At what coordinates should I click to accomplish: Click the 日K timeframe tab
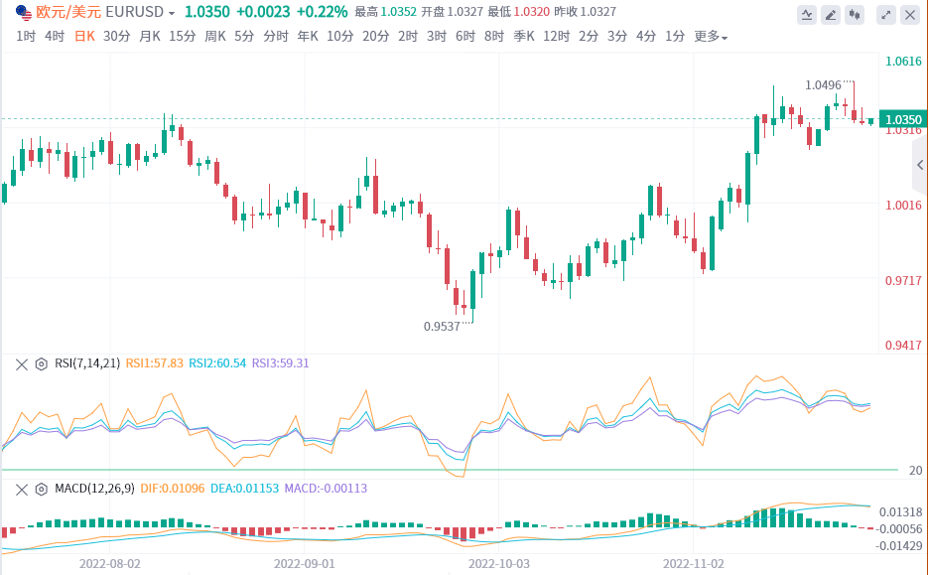pyautogui.click(x=85, y=36)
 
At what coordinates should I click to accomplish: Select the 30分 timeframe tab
pyautogui.click(x=116, y=36)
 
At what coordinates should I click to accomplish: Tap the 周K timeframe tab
pyautogui.click(x=215, y=36)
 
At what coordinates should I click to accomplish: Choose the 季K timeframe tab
pyautogui.click(x=524, y=36)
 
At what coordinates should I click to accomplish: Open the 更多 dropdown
pyautogui.click(x=710, y=37)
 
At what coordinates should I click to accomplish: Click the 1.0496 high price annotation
pyautogui.click(x=824, y=85)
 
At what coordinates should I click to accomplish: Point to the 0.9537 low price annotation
pyautogui.click(x=442, y=326)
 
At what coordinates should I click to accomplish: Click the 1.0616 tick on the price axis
pyautogui.click(x=903, y=62)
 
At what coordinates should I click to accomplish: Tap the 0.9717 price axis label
pyautogui.click(x=903, y=281)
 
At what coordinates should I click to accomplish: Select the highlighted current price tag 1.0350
pyautogui.click(x=903, y=119)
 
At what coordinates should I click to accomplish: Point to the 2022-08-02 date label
pyautogui.click(x=109, y=562)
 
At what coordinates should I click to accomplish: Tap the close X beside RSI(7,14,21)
pyautogui.click(x=21, y=363)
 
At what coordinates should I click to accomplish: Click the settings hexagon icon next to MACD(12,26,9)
pyautogui.click(x=42, y=489)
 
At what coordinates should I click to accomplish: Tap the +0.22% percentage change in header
pyautogui.click(x=323, y=12)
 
